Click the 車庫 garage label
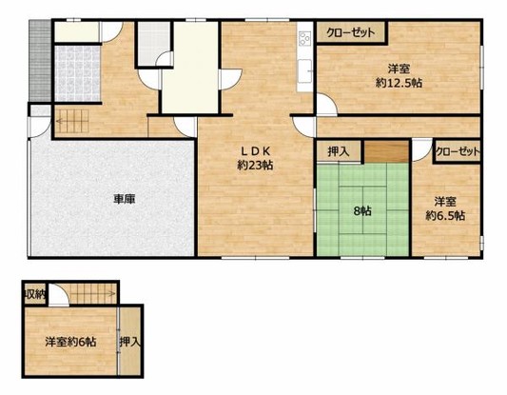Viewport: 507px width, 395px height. click(x=125, y=199)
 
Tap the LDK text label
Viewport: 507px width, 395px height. click(x=256, y=150)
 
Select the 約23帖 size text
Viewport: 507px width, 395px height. click(x=255, y=166)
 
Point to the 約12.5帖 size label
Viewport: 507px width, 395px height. click(x=399, y=83)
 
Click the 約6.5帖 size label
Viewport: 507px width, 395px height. click(x=445, y=215)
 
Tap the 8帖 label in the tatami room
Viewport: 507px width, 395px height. click(x=362, y=211)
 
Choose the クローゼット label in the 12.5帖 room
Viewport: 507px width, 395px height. click(x=350, y=32)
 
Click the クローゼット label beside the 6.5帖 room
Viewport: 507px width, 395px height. click(x=458, y=151)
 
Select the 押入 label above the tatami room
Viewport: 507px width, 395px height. click(x=339, y=151)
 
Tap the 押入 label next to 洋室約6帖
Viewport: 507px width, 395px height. click(x=130, y=342)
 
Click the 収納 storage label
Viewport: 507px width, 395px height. click(x=35, y=294)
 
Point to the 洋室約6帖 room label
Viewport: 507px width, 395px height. click(x=70, y=342)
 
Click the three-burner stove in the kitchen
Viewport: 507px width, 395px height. click(x=304, y=38)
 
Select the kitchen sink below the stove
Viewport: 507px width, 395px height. click(x=304, y=70)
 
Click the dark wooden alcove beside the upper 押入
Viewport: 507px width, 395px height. click(x=387, y=151)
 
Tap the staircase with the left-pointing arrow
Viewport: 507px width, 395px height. click(x=71, y=121)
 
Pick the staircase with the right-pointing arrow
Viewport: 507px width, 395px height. click(x=93, y=293)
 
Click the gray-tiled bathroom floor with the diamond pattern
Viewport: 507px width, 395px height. click(x=77, y=73)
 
